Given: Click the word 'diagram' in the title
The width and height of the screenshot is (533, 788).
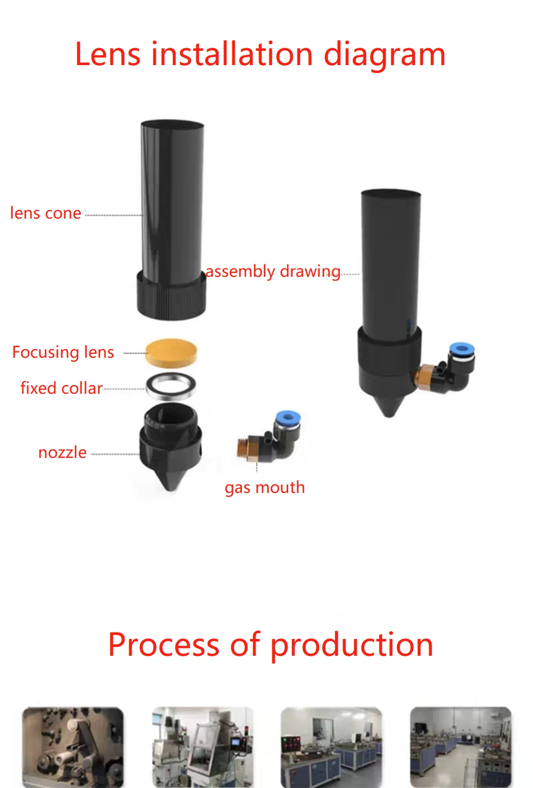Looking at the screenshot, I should click(x=384, y=55).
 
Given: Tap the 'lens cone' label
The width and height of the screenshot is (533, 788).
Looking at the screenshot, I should click(x=45, y=213).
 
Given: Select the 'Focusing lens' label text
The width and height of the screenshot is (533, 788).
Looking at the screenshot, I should click(x=63, y=352).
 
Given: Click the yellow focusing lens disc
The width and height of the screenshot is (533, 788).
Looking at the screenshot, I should click(x=171, y=352).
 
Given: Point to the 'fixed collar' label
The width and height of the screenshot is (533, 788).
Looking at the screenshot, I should click(x=61, y=388).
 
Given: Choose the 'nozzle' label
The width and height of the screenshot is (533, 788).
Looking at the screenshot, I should click(x=62, y=452).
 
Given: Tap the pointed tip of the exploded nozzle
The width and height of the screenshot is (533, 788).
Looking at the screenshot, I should click(x=171, y=486).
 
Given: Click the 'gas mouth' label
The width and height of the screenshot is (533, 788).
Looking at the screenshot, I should click(x=265, y=488).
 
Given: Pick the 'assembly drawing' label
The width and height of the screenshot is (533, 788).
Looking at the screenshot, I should click(x=272, y=271).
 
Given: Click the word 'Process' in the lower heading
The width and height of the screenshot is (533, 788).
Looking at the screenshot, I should click(x=163, y=645).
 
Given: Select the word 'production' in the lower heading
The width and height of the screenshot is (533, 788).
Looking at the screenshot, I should click(x=352, y=645).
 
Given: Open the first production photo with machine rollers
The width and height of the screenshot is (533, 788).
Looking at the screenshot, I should click(x=73, y=747).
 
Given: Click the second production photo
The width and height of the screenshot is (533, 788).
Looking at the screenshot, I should click(x=202, y=747).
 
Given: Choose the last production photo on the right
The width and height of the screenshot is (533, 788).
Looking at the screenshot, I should click(x=460, y=747).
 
